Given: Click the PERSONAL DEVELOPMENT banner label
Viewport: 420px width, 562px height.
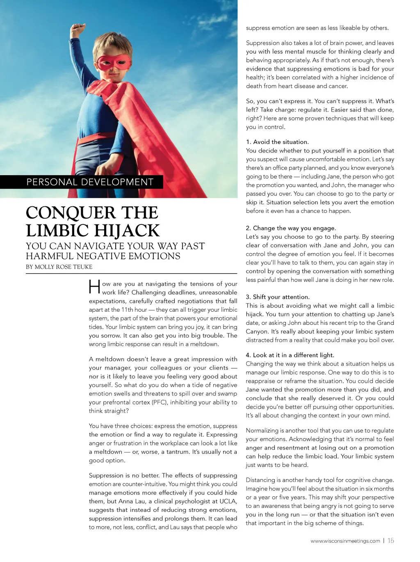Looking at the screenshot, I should coord(90,182).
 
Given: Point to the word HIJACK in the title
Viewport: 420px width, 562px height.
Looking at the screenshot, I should coord(126,231).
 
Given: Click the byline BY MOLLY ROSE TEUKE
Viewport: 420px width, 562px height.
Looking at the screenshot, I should coord(59,267).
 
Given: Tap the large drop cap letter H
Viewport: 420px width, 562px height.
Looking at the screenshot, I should coord(94,287).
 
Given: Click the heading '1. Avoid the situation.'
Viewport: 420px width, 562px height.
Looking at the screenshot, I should coord(277,142).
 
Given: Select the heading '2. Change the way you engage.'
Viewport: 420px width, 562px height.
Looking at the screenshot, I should coord(291,228).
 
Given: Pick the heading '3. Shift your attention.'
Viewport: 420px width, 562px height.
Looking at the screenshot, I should coord(278,297).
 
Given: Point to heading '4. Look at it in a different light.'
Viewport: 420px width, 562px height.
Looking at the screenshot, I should coord(290,355).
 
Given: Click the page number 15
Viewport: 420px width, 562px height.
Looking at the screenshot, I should coord(391,541).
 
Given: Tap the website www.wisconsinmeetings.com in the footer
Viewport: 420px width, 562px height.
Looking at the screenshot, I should coord(345,541).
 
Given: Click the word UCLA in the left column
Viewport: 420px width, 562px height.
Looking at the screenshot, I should coord(228,501).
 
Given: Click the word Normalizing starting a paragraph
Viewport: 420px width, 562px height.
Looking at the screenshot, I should coord(262,431).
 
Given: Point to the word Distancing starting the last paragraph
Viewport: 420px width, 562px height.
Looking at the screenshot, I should coord(260,480).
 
